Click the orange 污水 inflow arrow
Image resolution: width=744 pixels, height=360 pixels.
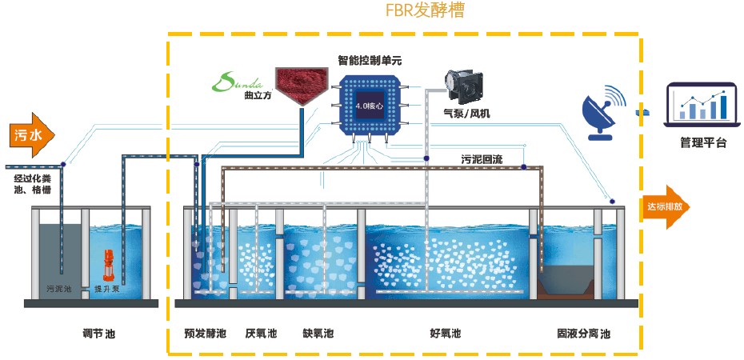(x=31, y=134)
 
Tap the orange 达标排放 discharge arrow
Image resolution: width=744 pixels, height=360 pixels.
(x=665, y=206)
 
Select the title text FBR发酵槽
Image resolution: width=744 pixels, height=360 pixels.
(x=425, y=11)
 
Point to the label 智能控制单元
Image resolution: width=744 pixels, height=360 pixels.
(x=369, y=61)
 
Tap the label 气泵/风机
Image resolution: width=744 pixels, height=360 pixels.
(x=466, y=114)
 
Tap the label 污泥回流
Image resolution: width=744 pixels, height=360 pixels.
(x=482, y=159)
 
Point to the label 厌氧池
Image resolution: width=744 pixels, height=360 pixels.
(x=261, y=333)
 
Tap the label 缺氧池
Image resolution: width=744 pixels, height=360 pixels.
(x=318, y=333)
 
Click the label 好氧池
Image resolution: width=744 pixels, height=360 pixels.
(x=445, y=333)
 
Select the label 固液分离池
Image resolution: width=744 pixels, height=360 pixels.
(x=583, y=333)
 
